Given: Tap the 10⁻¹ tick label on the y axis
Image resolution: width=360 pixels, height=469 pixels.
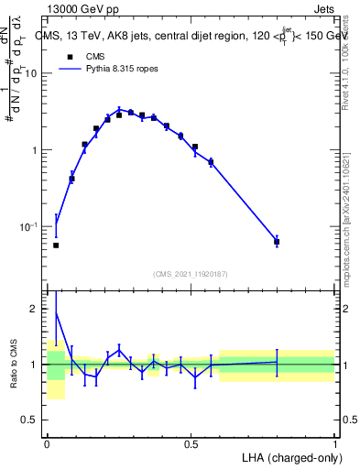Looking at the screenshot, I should point(29,226).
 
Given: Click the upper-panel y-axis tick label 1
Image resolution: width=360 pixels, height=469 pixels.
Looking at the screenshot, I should point(36,150).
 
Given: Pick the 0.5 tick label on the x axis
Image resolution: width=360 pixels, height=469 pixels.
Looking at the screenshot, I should point(191,446).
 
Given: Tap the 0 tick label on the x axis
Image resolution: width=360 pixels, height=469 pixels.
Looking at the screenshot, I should point(46,446).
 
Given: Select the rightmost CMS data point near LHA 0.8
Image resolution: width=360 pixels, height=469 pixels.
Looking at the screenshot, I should point(277,242).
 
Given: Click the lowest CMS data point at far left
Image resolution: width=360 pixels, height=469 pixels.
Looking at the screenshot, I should point(56,245).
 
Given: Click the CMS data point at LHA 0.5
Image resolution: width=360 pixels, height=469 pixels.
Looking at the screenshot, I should point(195,147).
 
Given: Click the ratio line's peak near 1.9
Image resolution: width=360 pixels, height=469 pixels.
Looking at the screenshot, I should point(56,313).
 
